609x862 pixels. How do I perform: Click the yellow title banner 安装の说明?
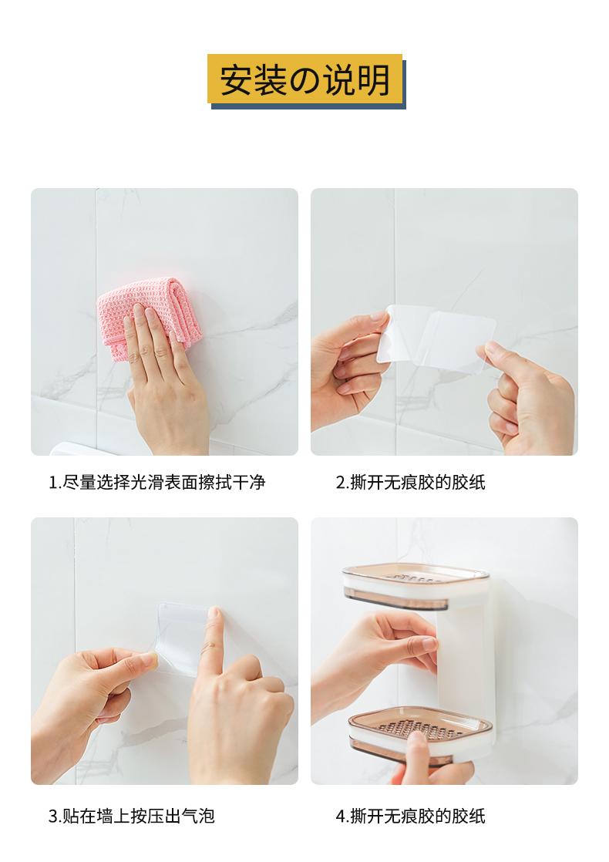pos(304,79)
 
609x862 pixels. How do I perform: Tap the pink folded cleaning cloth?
pos(149,316)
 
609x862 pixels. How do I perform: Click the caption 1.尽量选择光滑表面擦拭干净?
pos(157,482)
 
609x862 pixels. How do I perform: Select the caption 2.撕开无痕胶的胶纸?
pos(411,482)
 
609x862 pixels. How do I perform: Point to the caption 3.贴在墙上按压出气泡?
pos(131,816)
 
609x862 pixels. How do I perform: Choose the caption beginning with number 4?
pos(411,816)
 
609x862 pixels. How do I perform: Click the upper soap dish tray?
pos(415,586)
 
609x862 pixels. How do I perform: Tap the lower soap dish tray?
pos(420,735)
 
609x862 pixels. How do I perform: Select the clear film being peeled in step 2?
pos(436,338)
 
